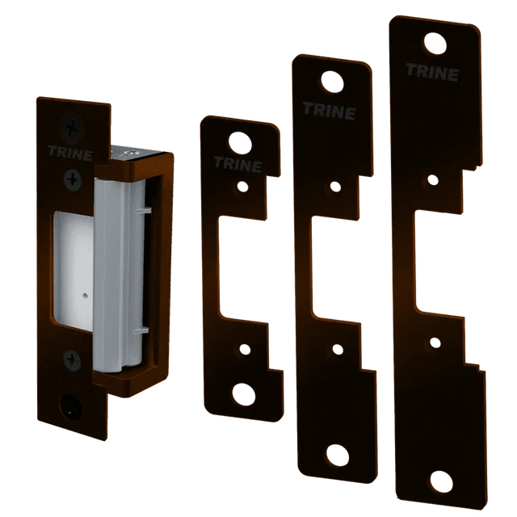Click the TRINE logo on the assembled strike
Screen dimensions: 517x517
(70, 153)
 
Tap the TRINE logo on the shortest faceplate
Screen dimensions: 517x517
(237, 164)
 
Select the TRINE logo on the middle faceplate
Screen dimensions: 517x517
(329, 111)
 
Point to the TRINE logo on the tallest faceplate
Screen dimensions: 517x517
(432, 72)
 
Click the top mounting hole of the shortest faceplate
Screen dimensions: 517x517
(240, 144)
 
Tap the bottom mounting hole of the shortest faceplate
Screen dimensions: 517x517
(244, 394)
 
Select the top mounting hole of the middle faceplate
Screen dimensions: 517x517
(332, 82)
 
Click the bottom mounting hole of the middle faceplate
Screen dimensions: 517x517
(338, 456)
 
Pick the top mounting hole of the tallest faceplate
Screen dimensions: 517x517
(435, 43)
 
